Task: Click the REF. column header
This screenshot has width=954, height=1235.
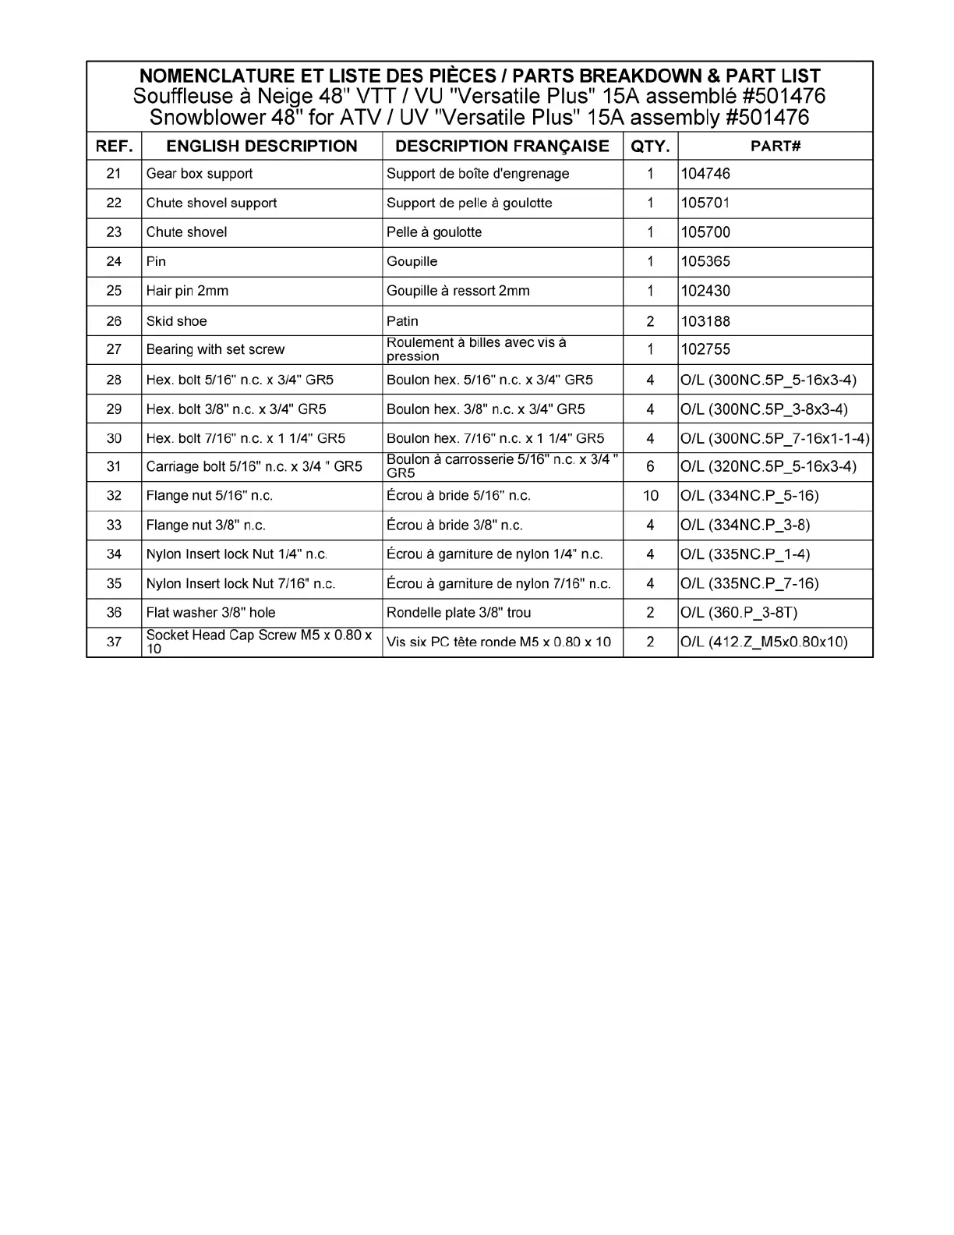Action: (114, 146)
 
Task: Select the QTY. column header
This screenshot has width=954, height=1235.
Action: (650, 146)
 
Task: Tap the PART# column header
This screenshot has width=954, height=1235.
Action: (775, 146)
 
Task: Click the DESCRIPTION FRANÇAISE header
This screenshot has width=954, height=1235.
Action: (502, 146)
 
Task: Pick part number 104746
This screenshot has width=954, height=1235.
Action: (705, 174)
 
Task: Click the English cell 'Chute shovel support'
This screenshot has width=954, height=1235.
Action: (211, 203)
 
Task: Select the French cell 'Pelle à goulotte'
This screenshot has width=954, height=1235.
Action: (434, 232)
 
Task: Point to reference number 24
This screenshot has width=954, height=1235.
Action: (114, 261)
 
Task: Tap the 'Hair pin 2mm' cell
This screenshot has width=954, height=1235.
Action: (187, 291)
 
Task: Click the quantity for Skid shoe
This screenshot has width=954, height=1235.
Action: (650, 321)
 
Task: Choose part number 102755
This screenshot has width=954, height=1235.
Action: (705, 349)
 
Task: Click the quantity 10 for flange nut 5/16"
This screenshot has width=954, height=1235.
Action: (650, 496)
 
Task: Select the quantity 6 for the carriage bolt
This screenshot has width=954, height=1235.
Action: (650, 466)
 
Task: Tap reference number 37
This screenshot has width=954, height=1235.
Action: (114, 642)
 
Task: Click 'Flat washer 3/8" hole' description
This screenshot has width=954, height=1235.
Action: (210, 613)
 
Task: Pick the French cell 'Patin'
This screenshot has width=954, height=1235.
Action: (402, 321)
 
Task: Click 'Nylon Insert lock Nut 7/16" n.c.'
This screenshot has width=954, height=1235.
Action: (241, 584)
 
